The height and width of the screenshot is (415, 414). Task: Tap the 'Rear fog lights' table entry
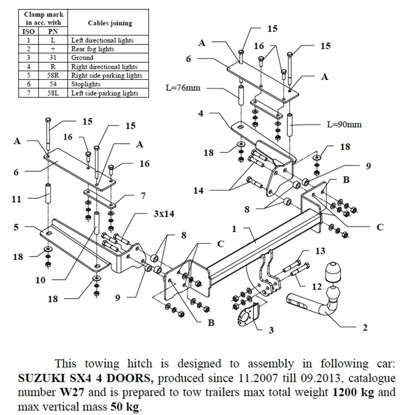[92, 49]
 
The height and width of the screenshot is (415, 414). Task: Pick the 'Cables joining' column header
[110, 23]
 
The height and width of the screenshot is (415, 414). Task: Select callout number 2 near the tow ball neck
[365, 328]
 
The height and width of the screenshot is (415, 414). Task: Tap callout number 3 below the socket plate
[271, 330]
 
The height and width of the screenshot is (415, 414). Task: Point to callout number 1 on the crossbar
[234, 228]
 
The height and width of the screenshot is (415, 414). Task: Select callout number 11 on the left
[16, 199]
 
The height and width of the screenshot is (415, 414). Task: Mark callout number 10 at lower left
[40, 280]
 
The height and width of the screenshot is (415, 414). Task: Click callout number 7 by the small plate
[143, 196]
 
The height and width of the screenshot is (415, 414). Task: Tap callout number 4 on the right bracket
[200, 113]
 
